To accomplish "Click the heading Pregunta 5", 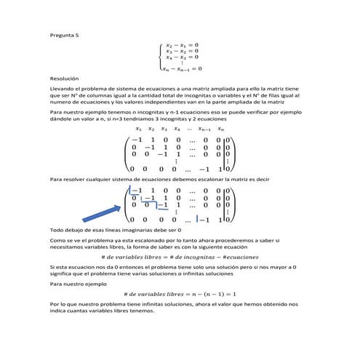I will click(x=63, y=34).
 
